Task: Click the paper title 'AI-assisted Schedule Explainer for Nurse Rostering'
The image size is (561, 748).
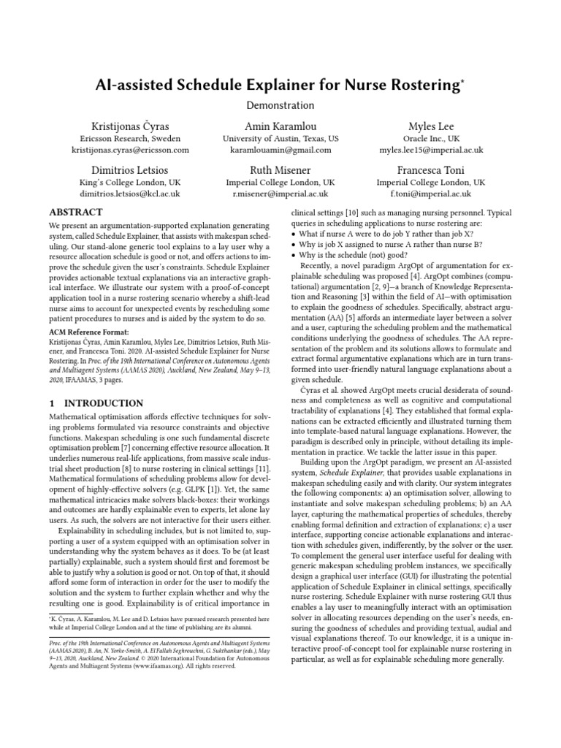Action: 280,85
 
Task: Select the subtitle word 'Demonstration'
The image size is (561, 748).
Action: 280,106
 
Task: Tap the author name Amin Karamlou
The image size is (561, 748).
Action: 281,126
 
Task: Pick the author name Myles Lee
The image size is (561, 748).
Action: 430,126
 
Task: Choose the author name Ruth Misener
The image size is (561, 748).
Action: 281,169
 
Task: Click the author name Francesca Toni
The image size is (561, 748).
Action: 430,169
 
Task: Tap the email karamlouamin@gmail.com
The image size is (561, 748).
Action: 281,150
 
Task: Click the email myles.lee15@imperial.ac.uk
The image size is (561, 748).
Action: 430,150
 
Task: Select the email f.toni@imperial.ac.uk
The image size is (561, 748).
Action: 430,194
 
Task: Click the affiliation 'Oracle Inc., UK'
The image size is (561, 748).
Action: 430,138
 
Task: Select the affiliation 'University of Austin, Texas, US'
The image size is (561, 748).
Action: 281,138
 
